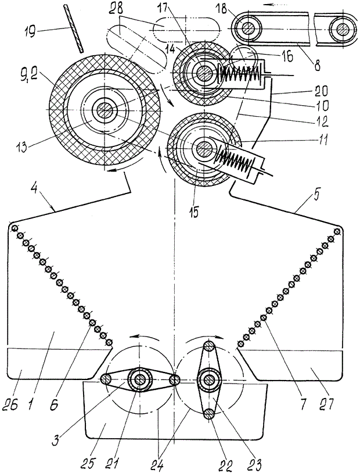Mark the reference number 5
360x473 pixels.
tap(315, 196)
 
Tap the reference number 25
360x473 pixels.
tap(90, 462)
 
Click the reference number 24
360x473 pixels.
tap(159, 464)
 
